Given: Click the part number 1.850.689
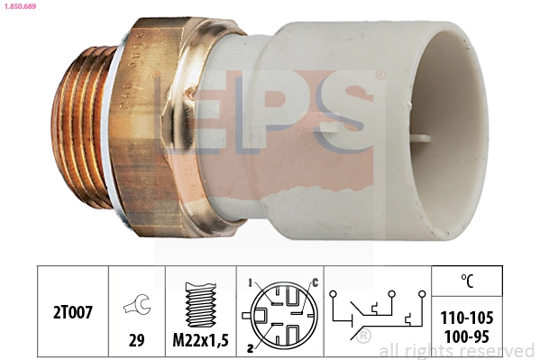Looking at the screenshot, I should (x=20, y=6).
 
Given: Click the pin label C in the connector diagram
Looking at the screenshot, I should (x=315, y=283).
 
